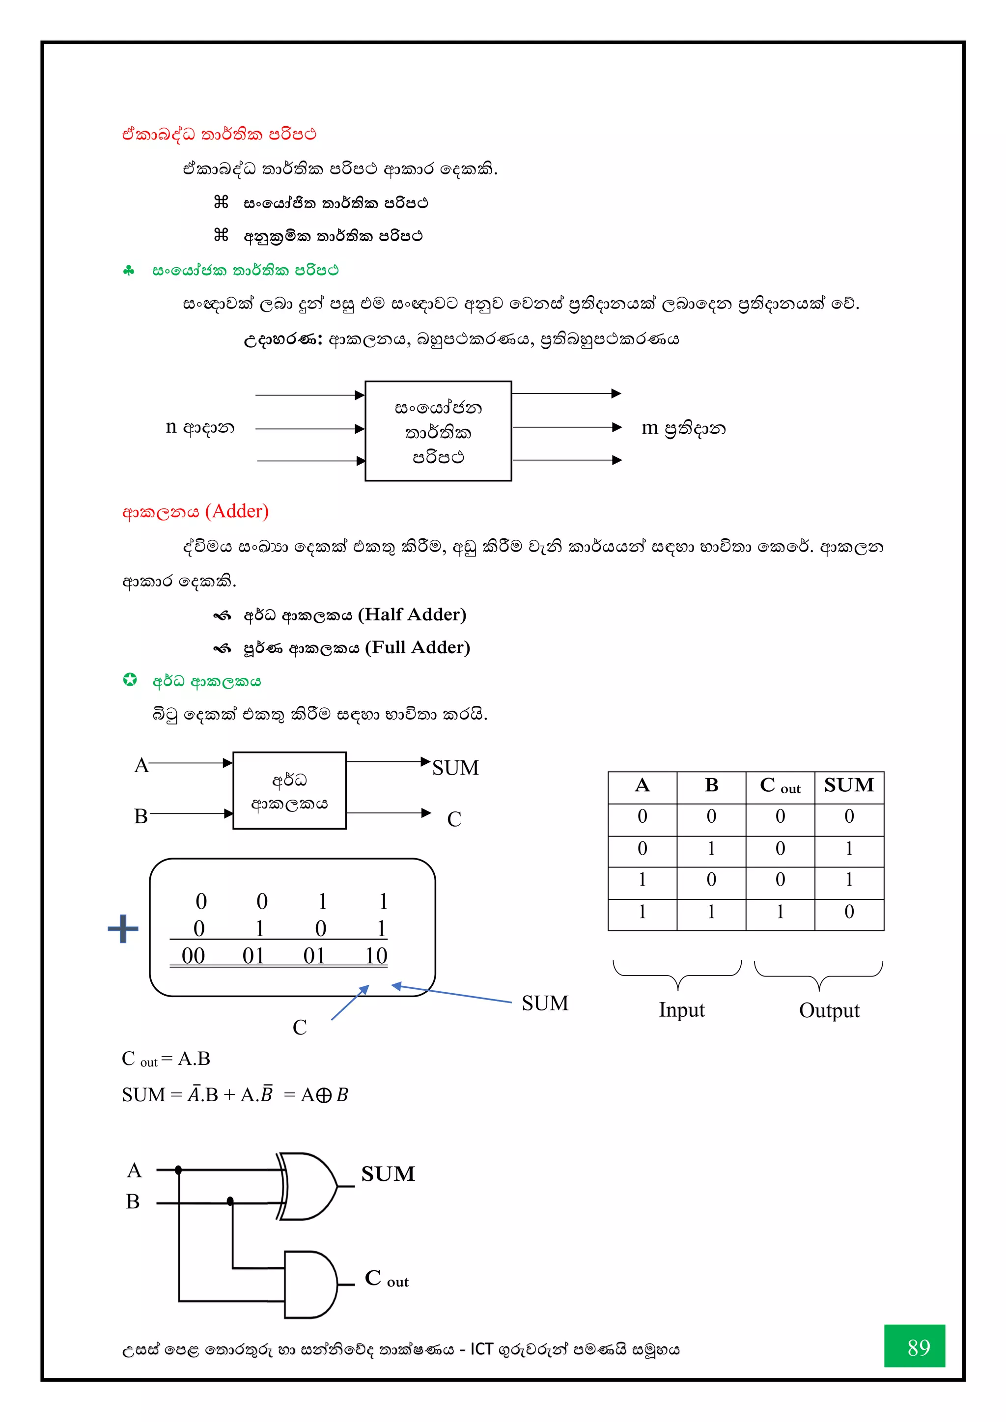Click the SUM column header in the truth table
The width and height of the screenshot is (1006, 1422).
(x=849, y=786)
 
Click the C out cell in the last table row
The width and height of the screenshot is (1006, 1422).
(x=780, y=912)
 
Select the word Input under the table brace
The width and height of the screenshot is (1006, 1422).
(x=681, y=1010)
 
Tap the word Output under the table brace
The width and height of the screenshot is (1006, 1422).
(x=829, y=1011)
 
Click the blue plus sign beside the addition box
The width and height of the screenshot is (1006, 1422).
(x=123, y=928)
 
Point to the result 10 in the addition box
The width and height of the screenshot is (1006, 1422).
(x=375, y=956)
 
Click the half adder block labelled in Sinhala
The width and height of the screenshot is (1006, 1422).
(x=289, y=791)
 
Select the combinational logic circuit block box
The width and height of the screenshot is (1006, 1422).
(x=438, y=431)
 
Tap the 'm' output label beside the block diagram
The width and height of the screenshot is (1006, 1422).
(x=649, y=427)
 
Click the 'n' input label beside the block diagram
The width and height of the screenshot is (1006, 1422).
(x=171, y=427)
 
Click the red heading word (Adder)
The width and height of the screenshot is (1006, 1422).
(x=237, y=511)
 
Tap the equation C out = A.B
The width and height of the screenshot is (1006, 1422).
(x=166, y=1059)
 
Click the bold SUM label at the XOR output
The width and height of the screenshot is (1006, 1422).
(x=388, y=1173)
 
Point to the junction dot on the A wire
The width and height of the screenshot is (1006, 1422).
(x=178, y=1170)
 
